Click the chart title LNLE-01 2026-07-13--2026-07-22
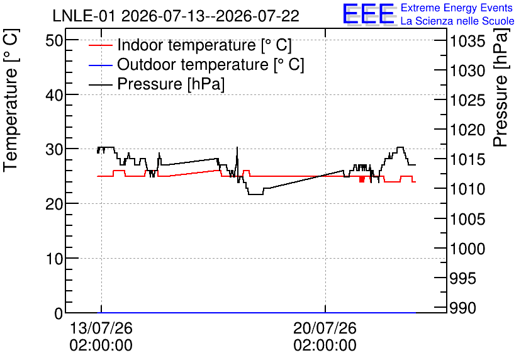pyautogui.click(x=176, y=16)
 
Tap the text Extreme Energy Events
pyautogui.click(x=457, y=8)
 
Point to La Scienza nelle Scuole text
pyautogui.click(x=457, y=21)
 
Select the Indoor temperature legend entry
pyautogui.click(x=190, y=45)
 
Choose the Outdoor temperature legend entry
pyautogui.click(x=196, y=64)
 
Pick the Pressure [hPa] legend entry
pyautogui.click(x=156, y=84)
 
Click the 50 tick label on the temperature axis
pyautogui.click(x=54, y=41)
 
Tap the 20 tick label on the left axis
pyautogui.click(x=54, y=204)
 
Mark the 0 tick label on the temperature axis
pyautogui.click(x=59, y=313)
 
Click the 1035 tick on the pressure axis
pyautogui.click(x=467, y=42)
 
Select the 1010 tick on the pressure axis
pyautogui.click(x=467, y=189)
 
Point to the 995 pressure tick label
pyautogui.click(x=462, y=278)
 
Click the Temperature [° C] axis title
pyautogui.click(x=11, y=100)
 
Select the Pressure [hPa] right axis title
pyautogui.click(x=501, y=87)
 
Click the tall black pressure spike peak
pyautogui.click(x=237, y=147)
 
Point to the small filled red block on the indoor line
pyautogui.click(x=362, y=179)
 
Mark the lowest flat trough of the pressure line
pyautogui.click(x=255, y=194)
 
